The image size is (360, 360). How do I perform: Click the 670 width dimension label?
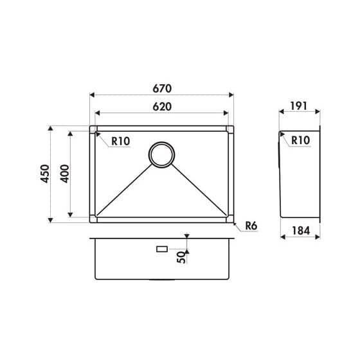pos(162,89)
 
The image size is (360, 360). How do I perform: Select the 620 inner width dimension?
pos(162,107)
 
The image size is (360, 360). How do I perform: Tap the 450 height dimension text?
pos(45,174)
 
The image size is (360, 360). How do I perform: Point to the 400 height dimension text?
pos(65,174)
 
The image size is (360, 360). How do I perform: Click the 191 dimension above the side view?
pos(298,106)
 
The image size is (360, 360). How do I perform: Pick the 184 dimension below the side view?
pos(301,231)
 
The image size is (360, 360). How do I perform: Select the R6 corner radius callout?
pos(251,226)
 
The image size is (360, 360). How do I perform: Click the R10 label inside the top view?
pos(121,141)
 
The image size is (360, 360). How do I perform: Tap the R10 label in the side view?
pos(301,140)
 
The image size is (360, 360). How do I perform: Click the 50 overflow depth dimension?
pos(181,257)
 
